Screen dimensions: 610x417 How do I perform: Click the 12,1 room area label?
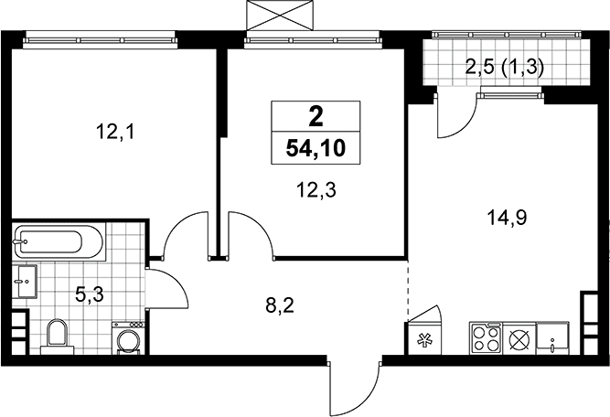coord(115,133)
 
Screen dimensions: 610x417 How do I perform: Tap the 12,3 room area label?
coord(316,190)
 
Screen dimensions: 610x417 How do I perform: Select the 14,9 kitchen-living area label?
coord(507,218)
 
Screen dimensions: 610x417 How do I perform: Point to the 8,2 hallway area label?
coord(280,306)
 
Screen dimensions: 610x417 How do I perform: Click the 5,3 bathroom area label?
coord(89,295)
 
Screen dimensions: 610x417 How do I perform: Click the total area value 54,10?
coord(316,148)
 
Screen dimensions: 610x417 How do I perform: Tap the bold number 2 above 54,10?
coord(316,116)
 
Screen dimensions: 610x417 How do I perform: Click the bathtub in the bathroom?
coord(59,242)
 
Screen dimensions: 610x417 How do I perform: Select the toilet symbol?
coord(57,337)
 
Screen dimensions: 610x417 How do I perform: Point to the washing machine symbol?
coord(128,337)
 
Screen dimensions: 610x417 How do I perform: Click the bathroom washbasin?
coord(25,282)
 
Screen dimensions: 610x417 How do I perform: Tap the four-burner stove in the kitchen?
coord(486,337)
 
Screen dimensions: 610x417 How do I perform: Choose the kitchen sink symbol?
coord(552,337)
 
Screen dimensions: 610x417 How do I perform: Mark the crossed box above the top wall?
coord(280,16)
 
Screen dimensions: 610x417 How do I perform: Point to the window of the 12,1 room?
coord(99,40)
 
